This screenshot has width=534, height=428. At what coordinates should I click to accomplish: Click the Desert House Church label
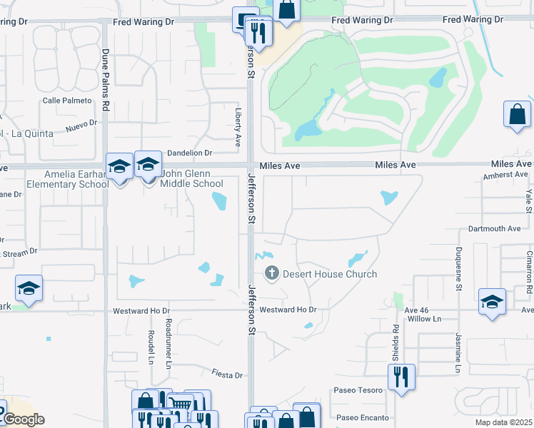[330, 274]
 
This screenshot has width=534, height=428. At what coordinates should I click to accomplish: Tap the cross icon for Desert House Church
[271, 272]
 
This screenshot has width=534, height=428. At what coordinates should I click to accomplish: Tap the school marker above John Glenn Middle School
[148, 166]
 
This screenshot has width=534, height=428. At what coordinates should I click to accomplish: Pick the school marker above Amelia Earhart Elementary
[119, 167]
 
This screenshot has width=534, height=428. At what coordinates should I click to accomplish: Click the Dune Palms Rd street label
[105, 79]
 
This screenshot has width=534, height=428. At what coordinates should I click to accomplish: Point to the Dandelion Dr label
[190, 153]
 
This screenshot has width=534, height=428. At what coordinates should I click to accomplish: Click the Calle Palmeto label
[68, 101]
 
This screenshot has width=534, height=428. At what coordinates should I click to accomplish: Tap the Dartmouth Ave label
[495, 229]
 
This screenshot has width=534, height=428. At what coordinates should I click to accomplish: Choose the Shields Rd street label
[395, 342]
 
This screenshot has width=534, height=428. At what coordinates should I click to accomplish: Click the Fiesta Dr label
[228, 374]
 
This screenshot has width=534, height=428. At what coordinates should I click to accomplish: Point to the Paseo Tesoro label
[359, 390]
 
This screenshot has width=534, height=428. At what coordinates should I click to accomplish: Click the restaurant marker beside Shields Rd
[401, 377]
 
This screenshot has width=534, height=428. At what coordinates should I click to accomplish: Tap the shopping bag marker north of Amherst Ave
[517, 115]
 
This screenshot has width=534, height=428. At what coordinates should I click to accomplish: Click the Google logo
[23, 419]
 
